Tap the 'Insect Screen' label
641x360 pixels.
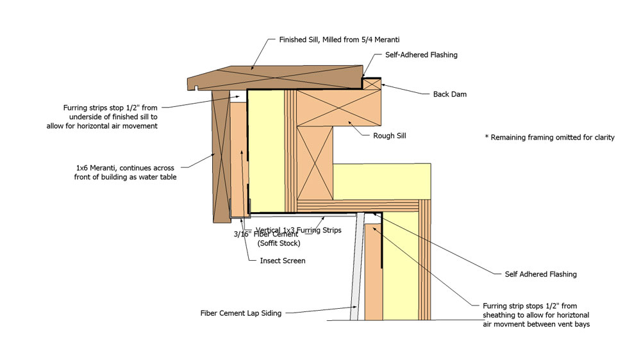[282, 261]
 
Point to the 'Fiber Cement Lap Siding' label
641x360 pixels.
[241, 313]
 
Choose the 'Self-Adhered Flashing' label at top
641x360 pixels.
[421, 55]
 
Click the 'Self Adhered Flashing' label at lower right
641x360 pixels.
[540, 274]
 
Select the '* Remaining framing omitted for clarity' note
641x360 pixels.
[550, 137]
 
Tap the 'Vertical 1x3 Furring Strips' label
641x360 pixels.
[298, 230]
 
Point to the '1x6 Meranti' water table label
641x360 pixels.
[126, 172]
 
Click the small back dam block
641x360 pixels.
[372, 83]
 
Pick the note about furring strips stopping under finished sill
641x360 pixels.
[110, 117]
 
